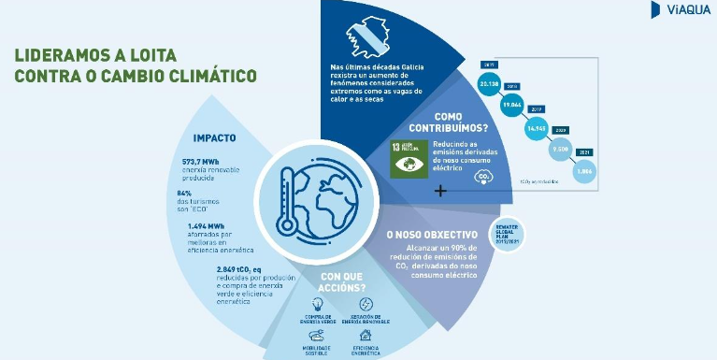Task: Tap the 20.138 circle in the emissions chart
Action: [x=489, y=83]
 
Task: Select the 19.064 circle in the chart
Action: [x=512, y=106]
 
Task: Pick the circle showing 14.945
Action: [x=536, y=128]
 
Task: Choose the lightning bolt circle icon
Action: [x=366, y=304]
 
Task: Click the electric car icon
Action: [x=316, y=334]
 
